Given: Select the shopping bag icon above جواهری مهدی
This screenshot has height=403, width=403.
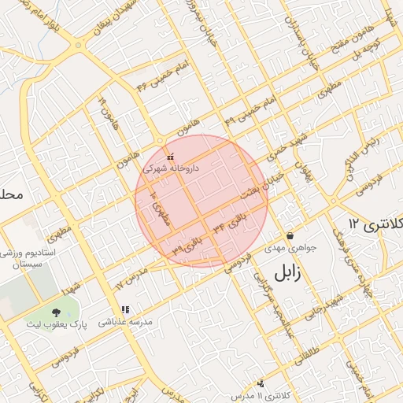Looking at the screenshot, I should (290, 235).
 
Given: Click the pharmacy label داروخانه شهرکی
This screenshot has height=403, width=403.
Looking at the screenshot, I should (171, 168).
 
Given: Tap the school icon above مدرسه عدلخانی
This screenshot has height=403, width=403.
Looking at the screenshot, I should (124, 309).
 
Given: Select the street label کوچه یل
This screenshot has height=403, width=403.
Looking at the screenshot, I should (373, 46).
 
